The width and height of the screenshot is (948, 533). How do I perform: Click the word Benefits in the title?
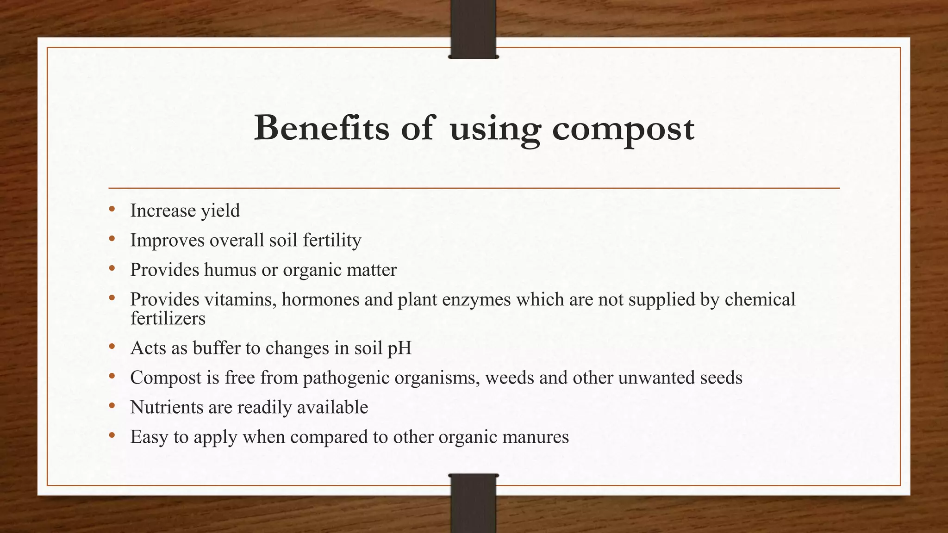[321, 128]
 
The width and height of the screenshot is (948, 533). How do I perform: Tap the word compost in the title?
[623, 129]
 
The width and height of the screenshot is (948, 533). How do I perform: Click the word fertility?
[332, 240]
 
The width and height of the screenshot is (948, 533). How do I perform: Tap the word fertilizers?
[168, 318]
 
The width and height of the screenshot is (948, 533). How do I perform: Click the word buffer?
[216, 347]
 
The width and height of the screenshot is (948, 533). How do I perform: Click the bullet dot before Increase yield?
[112, 210]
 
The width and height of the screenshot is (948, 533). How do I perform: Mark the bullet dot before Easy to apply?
[112, 435]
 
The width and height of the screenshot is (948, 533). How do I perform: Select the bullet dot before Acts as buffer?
[112, 347]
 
